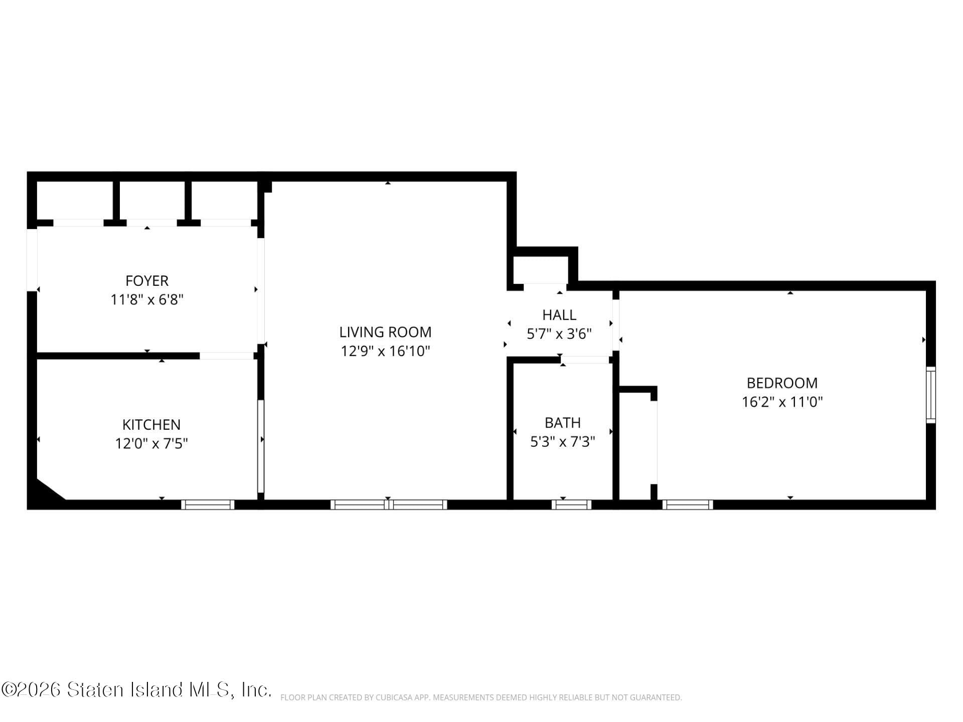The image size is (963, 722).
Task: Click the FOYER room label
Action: click(x=146, y=280)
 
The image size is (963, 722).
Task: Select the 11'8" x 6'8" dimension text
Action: click(x=146, y=300)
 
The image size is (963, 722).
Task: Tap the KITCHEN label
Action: click(x=151, y=424)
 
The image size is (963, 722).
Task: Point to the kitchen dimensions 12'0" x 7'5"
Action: click(x=151, y=444)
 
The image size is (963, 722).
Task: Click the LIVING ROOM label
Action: click(x=385, y=332)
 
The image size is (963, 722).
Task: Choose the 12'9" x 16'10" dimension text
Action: click(x=385, y=351)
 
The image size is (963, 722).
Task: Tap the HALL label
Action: click(x=559, y=315)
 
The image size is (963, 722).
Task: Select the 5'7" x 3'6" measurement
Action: click(x=559, y=334)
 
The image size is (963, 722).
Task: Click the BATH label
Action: click(x=562, y=423)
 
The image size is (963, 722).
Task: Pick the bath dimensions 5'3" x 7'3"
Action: click(x=562, y=442)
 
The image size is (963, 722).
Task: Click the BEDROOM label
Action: click(x=781, y=383)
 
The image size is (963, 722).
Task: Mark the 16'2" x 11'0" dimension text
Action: click(x=781, y=402)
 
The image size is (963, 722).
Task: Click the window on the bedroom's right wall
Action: click(x=930, y=395)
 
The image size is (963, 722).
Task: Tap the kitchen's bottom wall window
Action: click(x=208, y=504)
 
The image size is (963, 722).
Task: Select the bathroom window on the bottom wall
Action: click(x=571, y=504)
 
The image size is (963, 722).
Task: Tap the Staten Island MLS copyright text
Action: click(x=136, y=690)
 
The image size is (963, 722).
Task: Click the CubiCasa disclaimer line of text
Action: click(x=480, y=697)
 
